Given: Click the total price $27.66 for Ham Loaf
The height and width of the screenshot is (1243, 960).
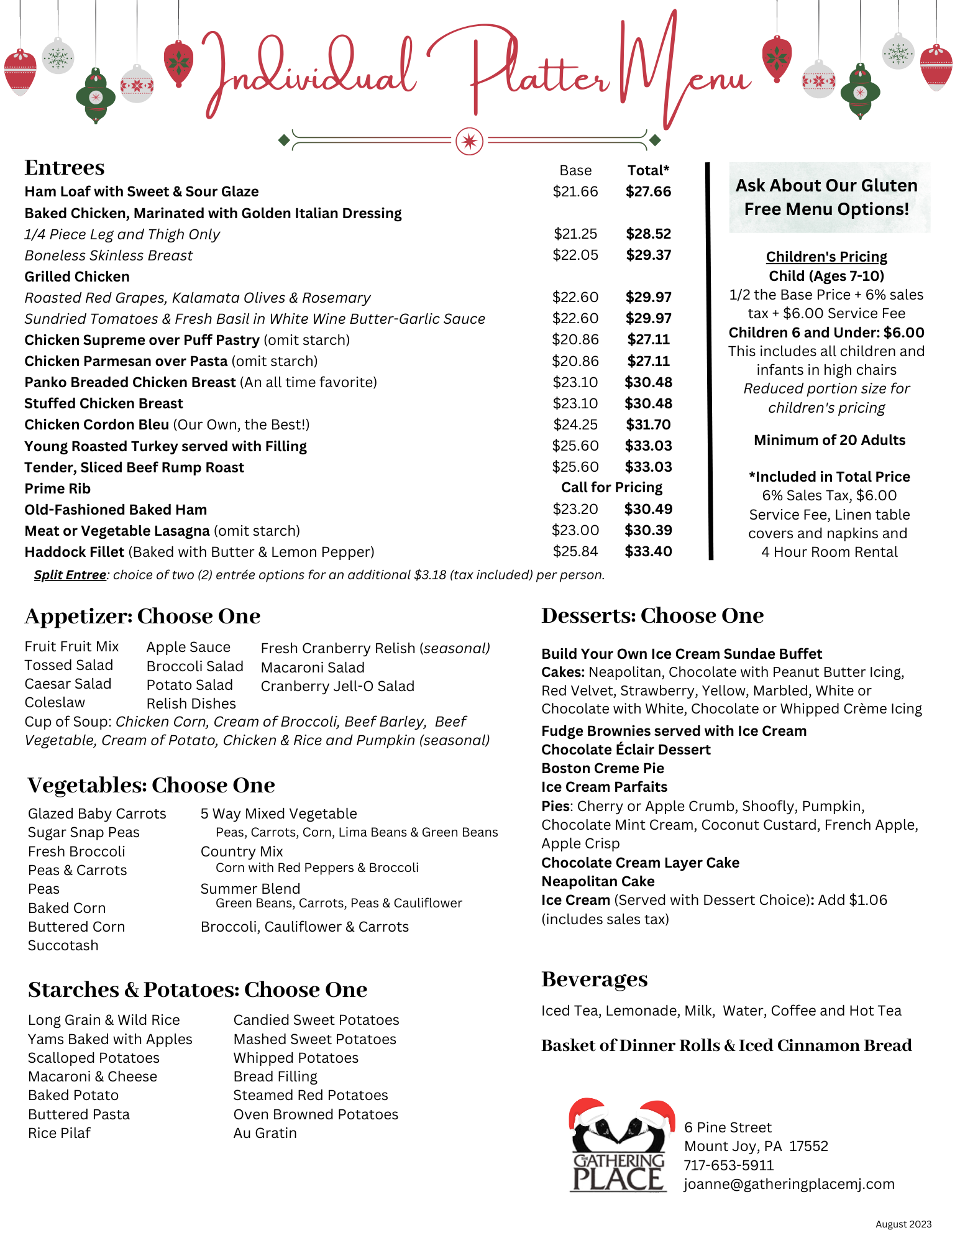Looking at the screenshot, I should pyautogui.click(x=648, y=191).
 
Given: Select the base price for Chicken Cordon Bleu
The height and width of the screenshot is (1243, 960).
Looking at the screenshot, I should pyautogui.click(x=575, y=424).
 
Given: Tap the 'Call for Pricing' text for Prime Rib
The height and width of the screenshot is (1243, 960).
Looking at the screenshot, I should pyautogui.click(x=611, y=487).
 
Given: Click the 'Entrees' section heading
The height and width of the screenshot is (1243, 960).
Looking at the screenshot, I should pyautogui.click(x=65, y=168).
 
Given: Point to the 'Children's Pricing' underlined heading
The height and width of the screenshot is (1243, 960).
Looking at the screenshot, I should pyautogui.click(x=826, y=257).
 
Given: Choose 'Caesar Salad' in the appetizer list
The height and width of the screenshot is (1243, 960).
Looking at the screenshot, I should pyautogui.click(x=68, y=684).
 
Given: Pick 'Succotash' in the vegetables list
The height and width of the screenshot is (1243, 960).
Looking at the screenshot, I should pyautogui.click(x=63, y=945).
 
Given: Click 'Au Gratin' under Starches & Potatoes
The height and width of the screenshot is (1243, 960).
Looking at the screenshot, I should pyautogui.click(x=265, y=1133).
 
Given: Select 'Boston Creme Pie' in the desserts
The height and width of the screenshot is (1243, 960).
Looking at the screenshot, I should pyautogui.click(x=602, y=768).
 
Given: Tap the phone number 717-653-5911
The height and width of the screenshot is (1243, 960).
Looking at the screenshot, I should pyautogui.click(x=728, y=1165).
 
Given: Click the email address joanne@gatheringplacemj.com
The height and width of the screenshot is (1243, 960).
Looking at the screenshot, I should pyautogui.click(x=789, y=1184).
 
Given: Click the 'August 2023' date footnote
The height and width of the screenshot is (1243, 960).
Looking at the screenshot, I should pyautogui.click(x=903, y=1224).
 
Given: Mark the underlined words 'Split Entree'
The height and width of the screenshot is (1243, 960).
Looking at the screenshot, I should pyautogui.click(x=70, y=575).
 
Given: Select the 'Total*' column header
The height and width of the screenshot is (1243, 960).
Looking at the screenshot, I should pyautogui.click(x=648, y=170).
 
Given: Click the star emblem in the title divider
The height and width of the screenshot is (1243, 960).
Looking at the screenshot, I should pyautogui.click(x=469, y=141).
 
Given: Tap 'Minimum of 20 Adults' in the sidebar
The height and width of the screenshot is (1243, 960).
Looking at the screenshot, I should pyautogui.click(x=829, y=440).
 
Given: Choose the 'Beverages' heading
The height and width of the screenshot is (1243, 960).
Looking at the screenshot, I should pyautogui.click(x=594, y=979).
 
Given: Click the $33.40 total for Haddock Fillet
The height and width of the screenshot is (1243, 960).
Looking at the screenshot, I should pyautogui.click(x=648, y=551).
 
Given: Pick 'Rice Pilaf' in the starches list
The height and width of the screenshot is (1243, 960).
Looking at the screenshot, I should pyautogui.click(x=59, y=1133).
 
